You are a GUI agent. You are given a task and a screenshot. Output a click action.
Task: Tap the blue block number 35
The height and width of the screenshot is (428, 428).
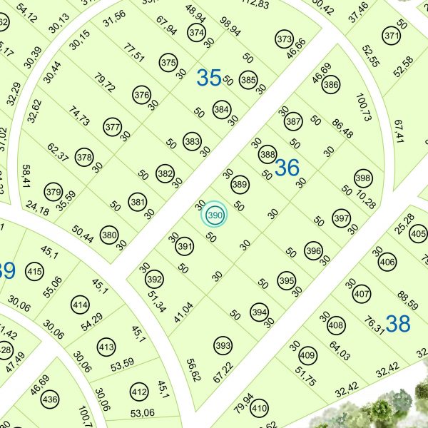point(208,78)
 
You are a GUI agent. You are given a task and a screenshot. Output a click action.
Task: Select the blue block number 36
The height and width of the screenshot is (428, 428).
point(287,168)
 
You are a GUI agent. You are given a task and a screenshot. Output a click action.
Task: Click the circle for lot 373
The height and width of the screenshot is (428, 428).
point(284,39)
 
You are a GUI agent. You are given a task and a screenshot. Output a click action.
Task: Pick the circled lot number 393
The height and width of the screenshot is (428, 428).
point(223,347)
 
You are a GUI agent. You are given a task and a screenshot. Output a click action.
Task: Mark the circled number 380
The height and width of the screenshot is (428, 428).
point(109,235)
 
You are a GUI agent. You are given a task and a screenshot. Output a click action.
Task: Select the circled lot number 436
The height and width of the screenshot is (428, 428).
point(50,399)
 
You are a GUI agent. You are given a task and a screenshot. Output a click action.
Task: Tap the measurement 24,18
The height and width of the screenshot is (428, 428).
point(36,210)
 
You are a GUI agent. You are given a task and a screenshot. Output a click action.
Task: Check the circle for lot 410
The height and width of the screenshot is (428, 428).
point(259,409)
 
